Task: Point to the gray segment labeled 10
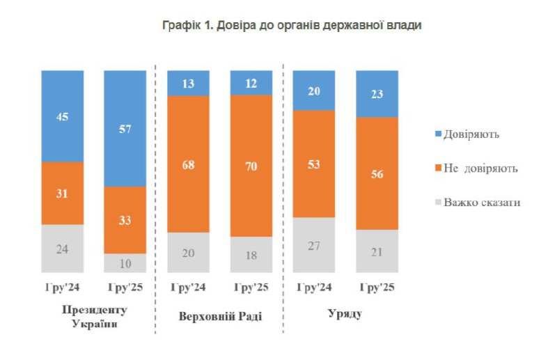(125, 263)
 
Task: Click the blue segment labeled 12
(251, 82)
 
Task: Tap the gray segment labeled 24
(63, 248)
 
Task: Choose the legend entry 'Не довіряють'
(473, 169)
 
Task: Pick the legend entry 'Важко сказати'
(476, 203)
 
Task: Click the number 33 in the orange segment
(125, 220)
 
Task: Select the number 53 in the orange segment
(315, 164)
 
